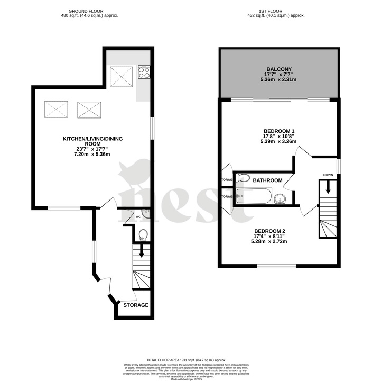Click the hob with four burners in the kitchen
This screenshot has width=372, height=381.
click(144, 71)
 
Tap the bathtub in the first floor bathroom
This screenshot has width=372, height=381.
click(254, 197)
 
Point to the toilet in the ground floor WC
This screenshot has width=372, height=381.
click(142, 234)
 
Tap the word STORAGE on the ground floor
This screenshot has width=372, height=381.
click(136, 305)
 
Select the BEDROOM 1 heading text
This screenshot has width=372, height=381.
click(279, 131)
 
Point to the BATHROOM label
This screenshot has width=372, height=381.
click(267, 180)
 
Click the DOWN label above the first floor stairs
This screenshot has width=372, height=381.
click(328, 175)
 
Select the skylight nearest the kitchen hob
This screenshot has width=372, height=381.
click(121, 77)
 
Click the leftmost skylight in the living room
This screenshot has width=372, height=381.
click(57, 110)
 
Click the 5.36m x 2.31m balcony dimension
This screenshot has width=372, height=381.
click(278, 80)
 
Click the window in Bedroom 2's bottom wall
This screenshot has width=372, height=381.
click(280, 266)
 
